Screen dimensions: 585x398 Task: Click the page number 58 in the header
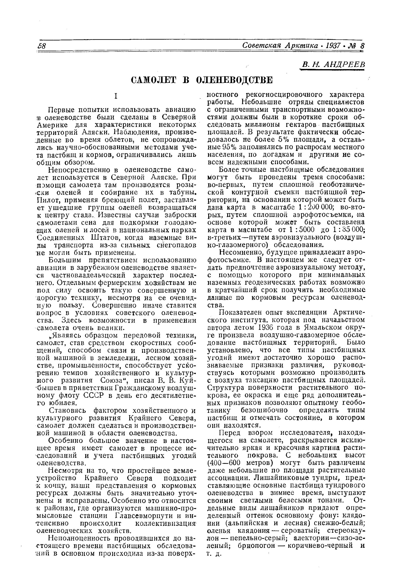tap(41, 46)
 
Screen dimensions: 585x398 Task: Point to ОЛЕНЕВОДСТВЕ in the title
tap(234, 80)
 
